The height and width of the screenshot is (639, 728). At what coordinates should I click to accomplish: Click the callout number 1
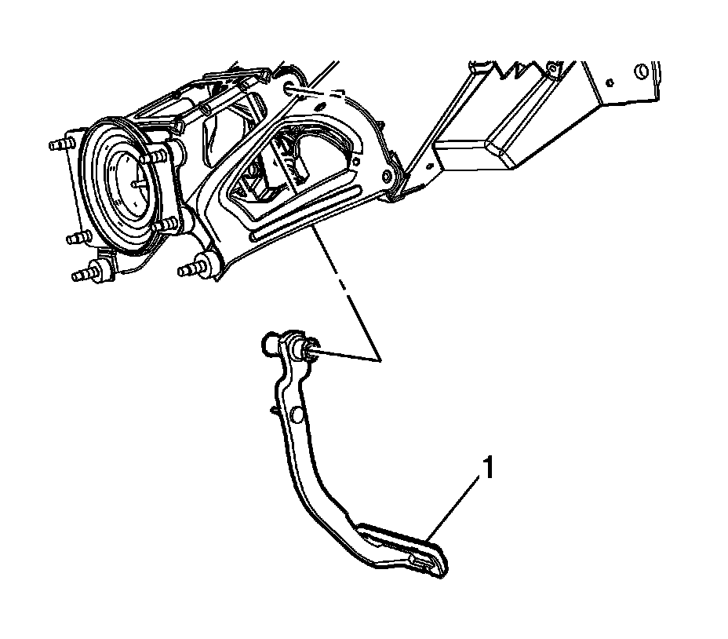tap(488, 469)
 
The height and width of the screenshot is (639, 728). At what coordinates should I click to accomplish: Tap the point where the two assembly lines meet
tap(380, 361)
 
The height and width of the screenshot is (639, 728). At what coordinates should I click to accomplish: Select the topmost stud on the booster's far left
tap(60, 145)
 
